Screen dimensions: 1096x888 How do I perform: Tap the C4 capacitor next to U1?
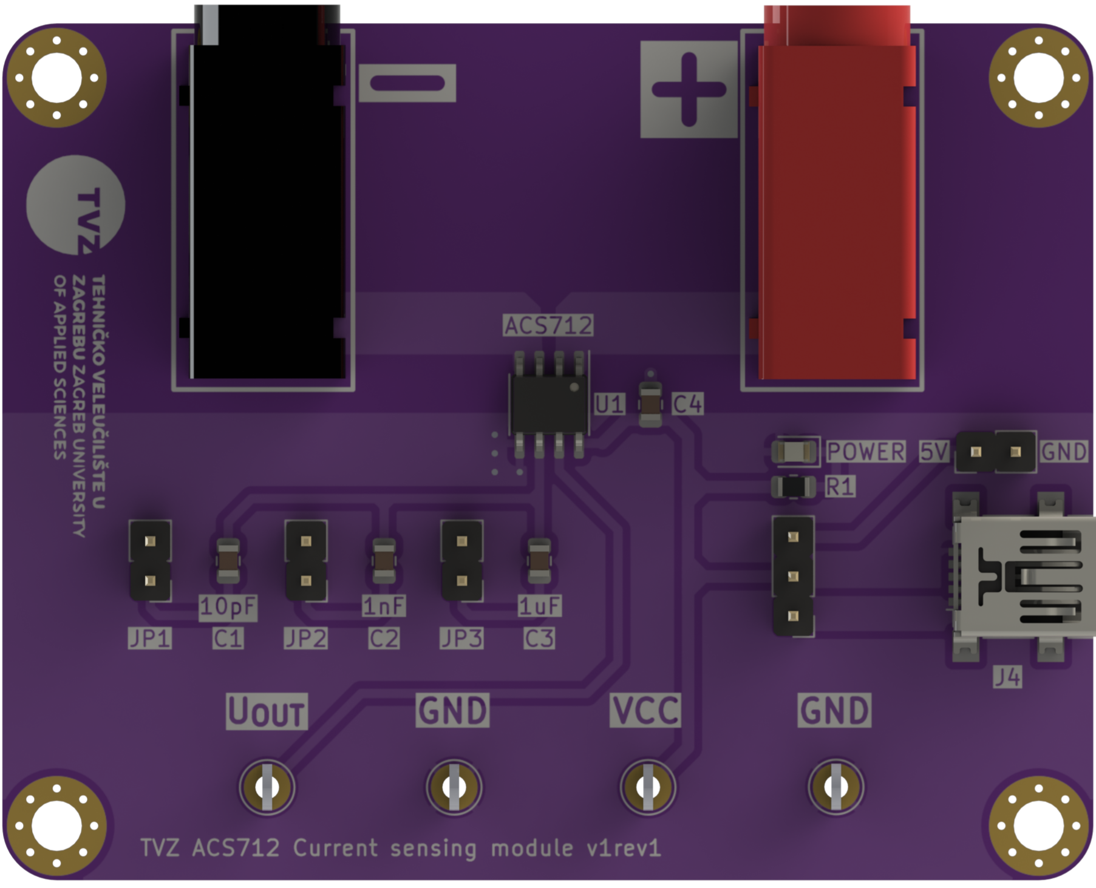tap(650, 404)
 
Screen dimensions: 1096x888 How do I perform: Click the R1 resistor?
tap(793, 487)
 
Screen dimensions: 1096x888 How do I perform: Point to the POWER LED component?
tap(793, 452)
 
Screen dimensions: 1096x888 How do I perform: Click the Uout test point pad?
tap(267, 787)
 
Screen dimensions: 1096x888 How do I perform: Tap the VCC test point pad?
tap(647, 787)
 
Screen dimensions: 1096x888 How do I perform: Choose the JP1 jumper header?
tap(150, 561)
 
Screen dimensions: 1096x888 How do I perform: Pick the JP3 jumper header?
tap(461, 561)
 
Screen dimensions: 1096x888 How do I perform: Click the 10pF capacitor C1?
tap(228, 560)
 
